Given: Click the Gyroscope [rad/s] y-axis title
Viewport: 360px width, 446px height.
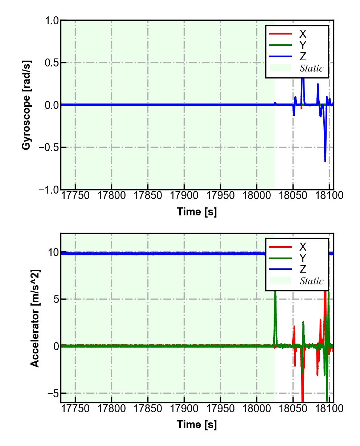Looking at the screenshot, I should [x=26, y=105].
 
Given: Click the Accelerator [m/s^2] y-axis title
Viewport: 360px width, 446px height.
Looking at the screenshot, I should [x=35, y=318].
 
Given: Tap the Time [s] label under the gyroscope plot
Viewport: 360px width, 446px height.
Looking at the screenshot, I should [x=197, y=211].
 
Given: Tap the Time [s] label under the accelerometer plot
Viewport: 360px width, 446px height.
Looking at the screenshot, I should [x=197, y=424].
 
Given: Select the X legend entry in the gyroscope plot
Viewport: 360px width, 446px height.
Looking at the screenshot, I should [x=302, y=34].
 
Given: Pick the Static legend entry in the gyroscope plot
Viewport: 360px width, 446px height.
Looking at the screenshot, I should [x=311, y=68].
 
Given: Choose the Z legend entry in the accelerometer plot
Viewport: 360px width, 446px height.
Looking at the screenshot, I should [x=302, y=269].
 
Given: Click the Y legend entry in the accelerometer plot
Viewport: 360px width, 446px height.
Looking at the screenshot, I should [x=302, y=258].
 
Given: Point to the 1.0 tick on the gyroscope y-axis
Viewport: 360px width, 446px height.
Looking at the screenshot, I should [x=52, y=21].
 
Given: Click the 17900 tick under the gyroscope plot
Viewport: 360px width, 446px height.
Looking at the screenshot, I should [x=184, y=195].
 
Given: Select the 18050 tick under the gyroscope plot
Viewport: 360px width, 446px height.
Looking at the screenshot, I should [x=293, y=195].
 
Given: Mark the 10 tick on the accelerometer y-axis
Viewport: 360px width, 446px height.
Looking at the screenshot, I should [x=53, y=252].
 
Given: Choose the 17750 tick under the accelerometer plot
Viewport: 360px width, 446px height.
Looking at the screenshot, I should [x=75, y=409].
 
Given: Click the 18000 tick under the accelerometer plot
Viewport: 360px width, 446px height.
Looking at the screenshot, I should [x=257, y=409].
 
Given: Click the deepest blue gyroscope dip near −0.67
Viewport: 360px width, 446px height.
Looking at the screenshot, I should [x=325, y=161].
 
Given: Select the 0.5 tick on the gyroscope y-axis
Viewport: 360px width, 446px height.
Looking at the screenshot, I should [x=52, y=63].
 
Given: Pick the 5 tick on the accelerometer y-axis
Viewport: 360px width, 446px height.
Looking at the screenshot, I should [x=55, y=299].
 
